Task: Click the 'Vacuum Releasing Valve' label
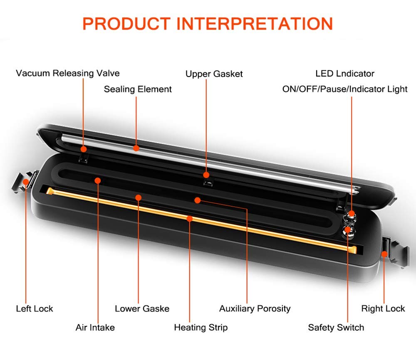(68, 74)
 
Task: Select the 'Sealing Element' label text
(138, 89)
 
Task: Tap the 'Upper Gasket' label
(214, 74)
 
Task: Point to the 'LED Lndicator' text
(345, 74)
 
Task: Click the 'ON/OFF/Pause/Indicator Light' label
(345, 89)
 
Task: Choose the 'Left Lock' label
(35, 308)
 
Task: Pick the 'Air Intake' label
(95, 328)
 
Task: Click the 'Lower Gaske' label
(142, 308)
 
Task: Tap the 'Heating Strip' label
(201, 328)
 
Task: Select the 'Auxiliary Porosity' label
(255, 308)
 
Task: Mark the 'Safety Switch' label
(336, 328)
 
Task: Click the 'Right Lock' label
(383, 308)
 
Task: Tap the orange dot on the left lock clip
(26, 182)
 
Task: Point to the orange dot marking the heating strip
(190, 218)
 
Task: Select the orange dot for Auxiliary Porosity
(198, 200)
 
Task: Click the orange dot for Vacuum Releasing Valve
(84, 148)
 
